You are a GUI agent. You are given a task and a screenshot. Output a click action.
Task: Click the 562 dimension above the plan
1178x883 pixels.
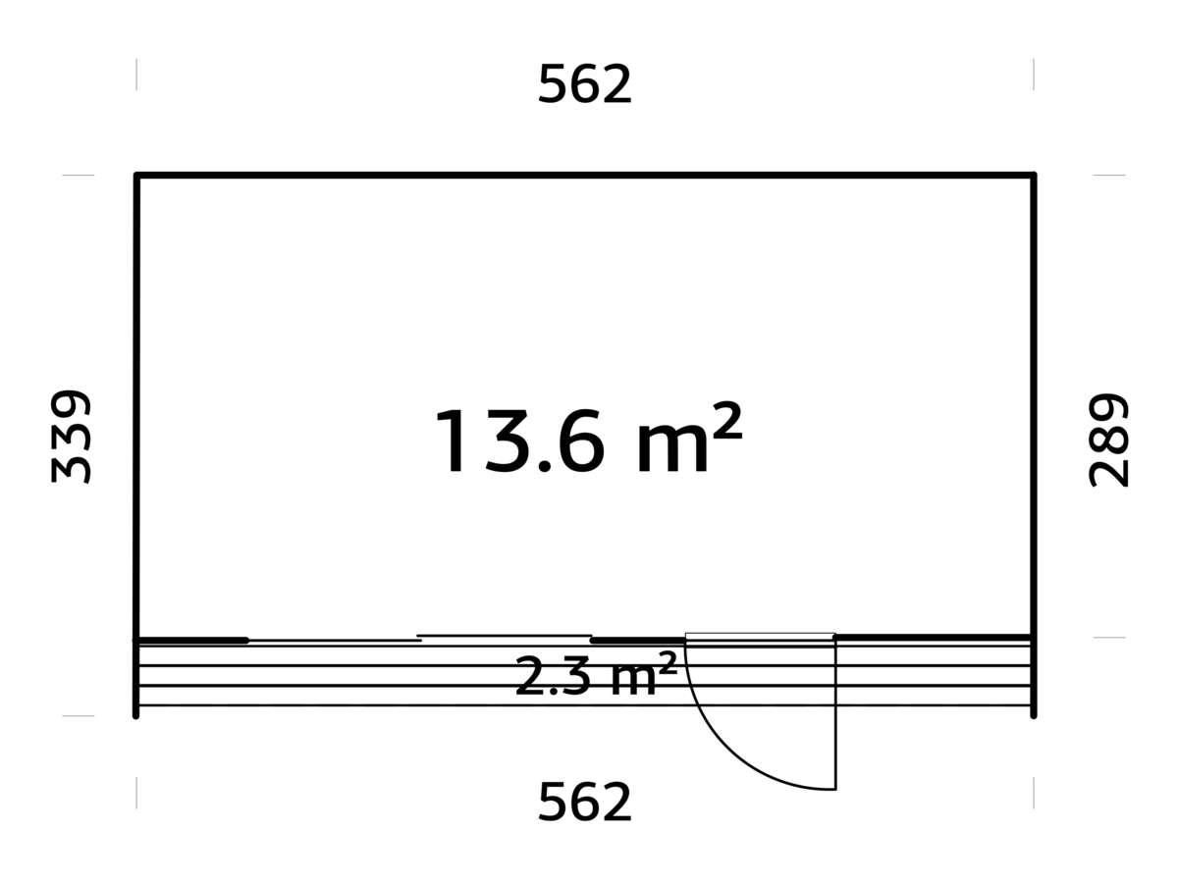pyautogui.click(x=585, y=85)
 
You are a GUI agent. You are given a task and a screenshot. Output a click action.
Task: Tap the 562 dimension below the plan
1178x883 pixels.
pyautogui.click(x=585, y=804)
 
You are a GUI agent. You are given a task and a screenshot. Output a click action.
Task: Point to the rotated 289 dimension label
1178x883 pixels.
pyautogui.click(x=1109, y=441)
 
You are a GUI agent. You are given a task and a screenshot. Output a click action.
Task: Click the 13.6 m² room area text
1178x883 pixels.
pyautogui.click(x=586, y=442)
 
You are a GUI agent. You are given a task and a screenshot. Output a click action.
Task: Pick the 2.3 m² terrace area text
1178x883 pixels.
pyautogui.click(x=596, y=676)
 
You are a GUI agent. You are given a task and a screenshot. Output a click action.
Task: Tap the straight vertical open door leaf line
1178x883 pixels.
pyautogui.click(x=835, y=716)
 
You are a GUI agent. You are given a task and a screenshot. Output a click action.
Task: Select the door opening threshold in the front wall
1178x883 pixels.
pyautogui.click(x=760, y=638)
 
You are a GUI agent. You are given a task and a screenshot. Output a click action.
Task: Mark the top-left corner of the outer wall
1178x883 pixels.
pyautogui.click(x=136, y=176)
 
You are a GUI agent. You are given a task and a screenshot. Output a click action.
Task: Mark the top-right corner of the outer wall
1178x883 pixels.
pyautogui.click(x=1033, y=176)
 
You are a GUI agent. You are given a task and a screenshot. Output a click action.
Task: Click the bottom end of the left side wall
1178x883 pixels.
pyautogui.click(x=136, y=714)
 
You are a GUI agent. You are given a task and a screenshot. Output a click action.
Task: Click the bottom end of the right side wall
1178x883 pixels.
pyautogui.click(x=1033, y=714)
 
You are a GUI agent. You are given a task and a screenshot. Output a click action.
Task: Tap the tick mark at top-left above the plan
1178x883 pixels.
pyautogui.click(x=136, y=75)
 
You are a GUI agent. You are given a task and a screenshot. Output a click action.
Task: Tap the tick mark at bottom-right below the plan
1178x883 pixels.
pyautogui.click(x=1033, y=793)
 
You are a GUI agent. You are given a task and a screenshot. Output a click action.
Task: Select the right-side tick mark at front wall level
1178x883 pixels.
pyautogui.click(x=1109, y=638)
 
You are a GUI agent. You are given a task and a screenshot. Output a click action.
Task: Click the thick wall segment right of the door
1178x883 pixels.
pyautogui.click(x=933, y=638)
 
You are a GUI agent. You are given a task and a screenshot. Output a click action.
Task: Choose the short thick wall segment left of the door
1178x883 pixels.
pyautogui.click(x=638, y=640)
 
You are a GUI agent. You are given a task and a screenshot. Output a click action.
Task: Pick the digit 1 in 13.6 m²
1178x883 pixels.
pyautogui.click(x=454, y=442)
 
